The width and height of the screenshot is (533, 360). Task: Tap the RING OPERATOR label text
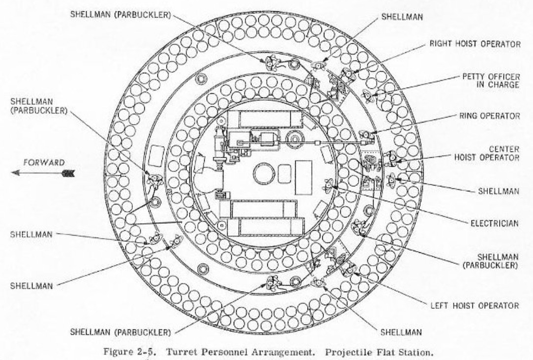tap(487, 117)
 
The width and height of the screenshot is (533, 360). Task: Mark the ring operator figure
tap(365, 135)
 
